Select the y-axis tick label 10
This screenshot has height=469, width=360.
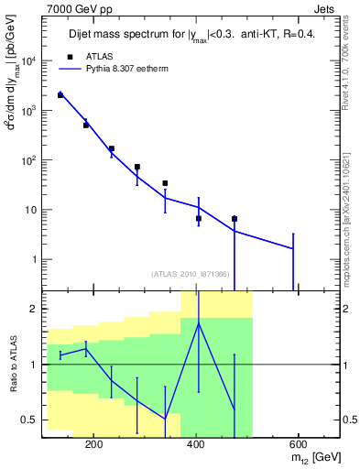pyautogui.click(x=30, y=210)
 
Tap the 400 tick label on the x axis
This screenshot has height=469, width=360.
pyautogui.click(x=195, y=443)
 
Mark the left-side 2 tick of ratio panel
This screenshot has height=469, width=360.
pyautogui.click(x=35, y=309)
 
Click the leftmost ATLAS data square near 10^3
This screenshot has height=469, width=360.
pyautogui.click(x=60, y=95)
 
